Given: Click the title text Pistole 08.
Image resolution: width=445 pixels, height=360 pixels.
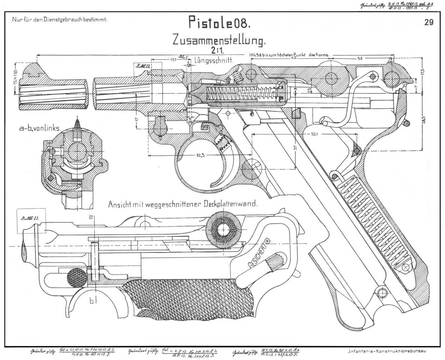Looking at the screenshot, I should [x=219, y=23].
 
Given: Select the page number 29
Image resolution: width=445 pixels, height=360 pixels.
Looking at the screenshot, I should [x=429, y=22].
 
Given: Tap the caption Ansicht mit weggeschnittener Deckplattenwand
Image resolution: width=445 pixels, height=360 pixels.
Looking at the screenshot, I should [x=182, y=205].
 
